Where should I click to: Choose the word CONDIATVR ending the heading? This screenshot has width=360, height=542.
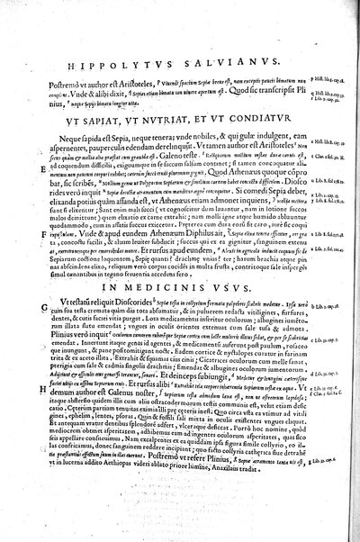coord(238,115)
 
